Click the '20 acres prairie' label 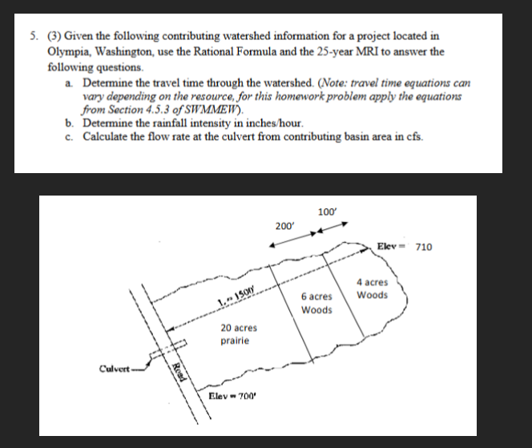coord(238,334)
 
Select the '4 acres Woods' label coord(372,289)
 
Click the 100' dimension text coord(327,212)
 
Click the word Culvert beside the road coord(114,369)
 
